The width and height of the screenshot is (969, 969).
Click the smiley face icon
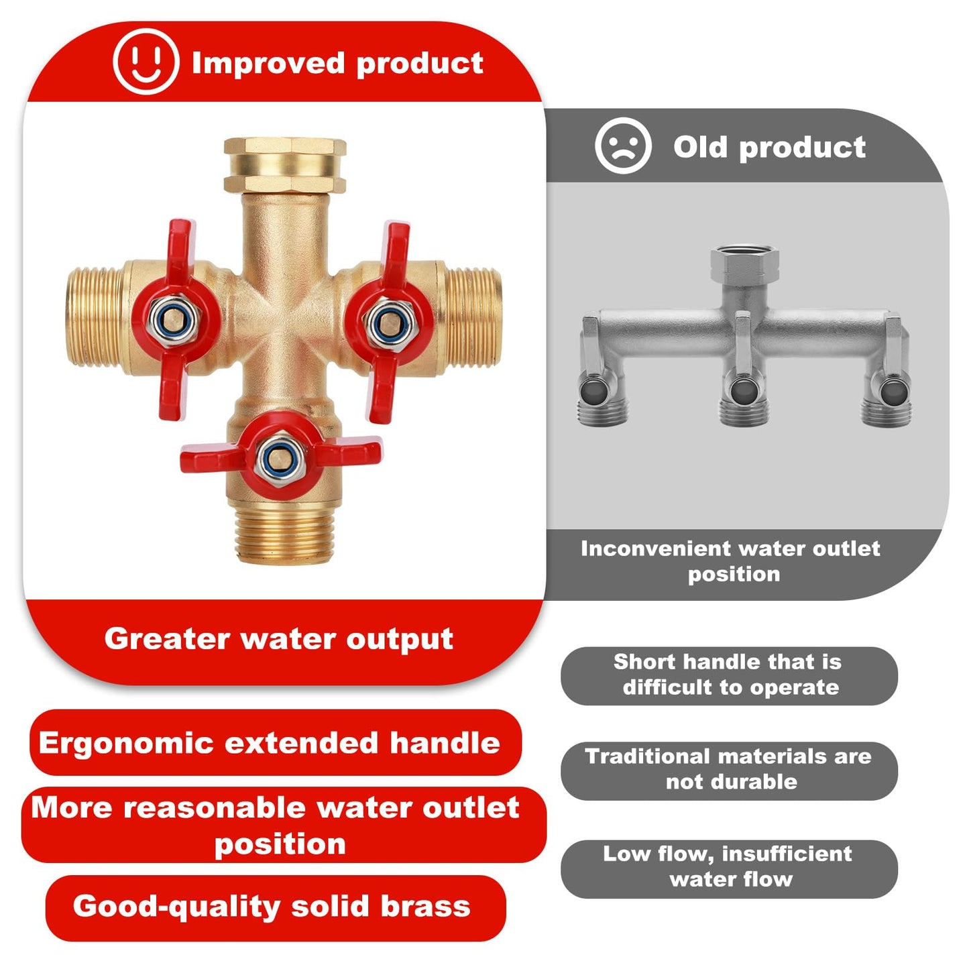tap(146, 62)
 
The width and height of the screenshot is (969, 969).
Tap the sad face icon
tap(623, 146)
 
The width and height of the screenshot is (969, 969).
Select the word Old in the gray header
tap(700, 147)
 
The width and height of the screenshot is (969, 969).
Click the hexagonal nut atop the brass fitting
tap(284, 164)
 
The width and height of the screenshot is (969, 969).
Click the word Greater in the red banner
tap(167, 638)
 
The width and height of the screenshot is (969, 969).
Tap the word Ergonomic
tap(125, 743)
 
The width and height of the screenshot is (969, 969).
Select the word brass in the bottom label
tap(426, 906)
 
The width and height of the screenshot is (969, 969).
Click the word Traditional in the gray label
tap(648, 756)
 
